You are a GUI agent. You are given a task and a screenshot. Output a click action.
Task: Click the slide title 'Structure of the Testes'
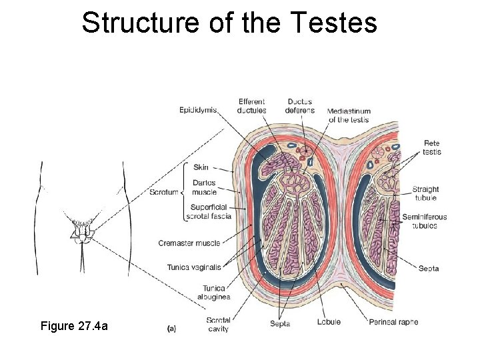click(229, 23)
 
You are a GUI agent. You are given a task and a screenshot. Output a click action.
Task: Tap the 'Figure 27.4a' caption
click(74, 326)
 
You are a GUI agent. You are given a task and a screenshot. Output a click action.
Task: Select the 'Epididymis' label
click(198, 110)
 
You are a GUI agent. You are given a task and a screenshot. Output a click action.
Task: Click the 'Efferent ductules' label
click(252, 106)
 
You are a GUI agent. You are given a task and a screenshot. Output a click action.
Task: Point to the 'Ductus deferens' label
click(299, 106)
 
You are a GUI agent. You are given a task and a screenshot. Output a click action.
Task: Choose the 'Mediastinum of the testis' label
click(349, 115)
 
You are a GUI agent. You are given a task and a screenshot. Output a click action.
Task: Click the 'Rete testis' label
click(431, 147)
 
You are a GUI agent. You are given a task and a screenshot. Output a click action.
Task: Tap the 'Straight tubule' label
click(425, 193)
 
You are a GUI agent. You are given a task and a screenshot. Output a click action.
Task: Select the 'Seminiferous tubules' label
click(424, 221)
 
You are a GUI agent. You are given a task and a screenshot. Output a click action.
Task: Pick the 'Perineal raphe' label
click(393, 322)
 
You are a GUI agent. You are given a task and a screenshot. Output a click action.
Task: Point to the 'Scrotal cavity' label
click(218, 325)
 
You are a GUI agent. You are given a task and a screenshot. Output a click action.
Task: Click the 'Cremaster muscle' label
click(189, 243)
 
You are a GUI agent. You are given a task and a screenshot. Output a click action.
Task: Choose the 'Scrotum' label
click(164, 193)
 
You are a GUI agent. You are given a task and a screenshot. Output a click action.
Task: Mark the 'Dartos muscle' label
click(204, 187)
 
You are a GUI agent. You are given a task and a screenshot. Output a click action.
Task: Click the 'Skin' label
click(201, 167)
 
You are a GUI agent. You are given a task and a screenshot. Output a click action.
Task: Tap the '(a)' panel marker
click(171, 328)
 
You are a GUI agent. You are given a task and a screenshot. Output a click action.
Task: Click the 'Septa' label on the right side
click(429, 269)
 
